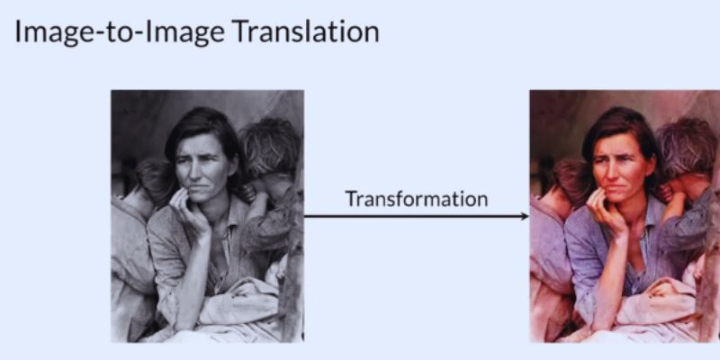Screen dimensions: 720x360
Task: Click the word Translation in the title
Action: (305, 31)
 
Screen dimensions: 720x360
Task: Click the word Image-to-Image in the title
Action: (120, 33)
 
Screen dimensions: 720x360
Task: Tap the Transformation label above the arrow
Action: (417, 199)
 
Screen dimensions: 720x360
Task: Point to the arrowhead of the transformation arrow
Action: (525, 216)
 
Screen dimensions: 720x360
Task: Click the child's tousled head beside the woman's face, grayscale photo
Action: (269, 145)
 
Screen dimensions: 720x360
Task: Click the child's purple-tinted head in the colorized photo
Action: (688, 145)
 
